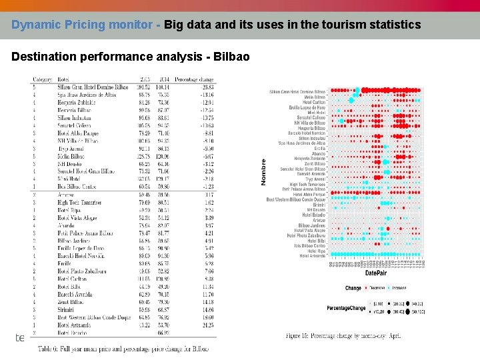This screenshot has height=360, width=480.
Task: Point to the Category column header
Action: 43,79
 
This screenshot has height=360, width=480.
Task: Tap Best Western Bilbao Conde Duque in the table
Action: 94,317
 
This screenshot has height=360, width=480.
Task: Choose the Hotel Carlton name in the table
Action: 73,279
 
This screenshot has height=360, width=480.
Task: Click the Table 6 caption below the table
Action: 123,349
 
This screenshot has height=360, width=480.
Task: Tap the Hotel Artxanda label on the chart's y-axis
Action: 313,255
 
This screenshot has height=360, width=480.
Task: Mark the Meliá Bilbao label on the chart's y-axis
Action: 315,97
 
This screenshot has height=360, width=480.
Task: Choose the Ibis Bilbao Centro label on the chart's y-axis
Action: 311,245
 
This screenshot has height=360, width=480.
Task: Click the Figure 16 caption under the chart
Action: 343,337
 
